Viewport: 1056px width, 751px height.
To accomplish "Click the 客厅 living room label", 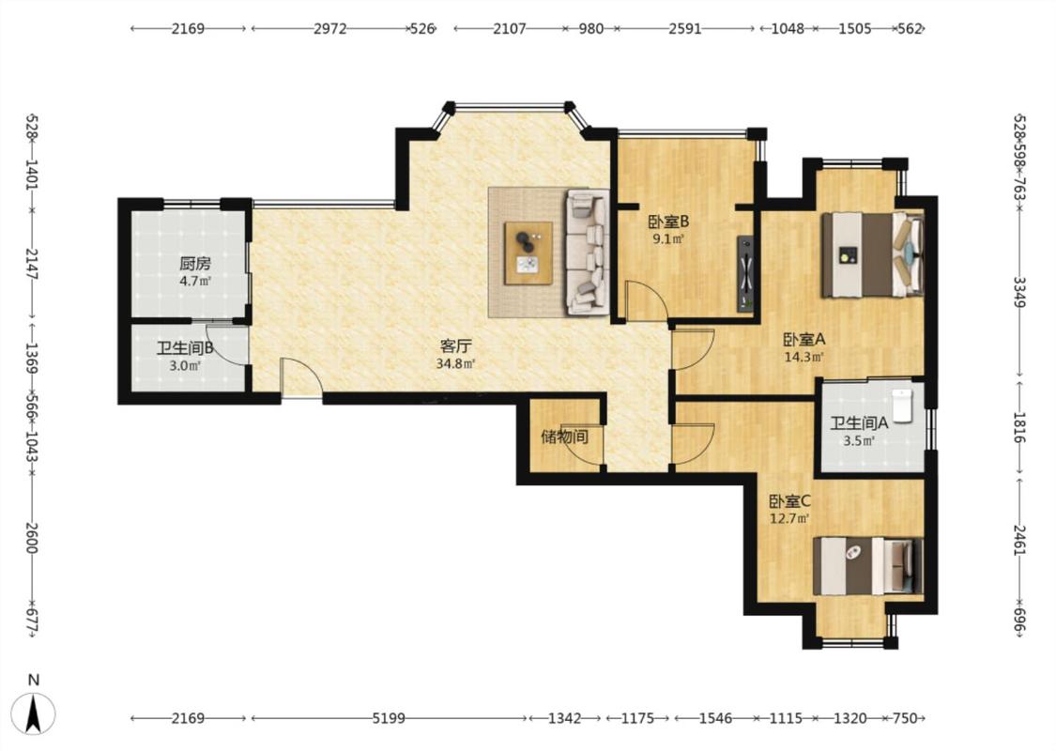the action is point(456,346).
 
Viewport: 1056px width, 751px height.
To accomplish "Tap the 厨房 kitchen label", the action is point(195,264).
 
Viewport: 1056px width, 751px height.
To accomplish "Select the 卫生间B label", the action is point(185,348).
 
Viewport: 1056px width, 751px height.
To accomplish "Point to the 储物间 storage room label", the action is point(564,437).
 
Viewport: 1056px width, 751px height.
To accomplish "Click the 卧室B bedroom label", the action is point(668,222).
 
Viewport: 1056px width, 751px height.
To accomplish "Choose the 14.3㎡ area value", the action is point(804,357).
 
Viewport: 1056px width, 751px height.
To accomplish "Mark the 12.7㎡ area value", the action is point(789,518).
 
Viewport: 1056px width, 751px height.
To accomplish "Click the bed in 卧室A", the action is point(872,254).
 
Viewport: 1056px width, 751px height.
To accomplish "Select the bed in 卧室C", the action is point(867,566).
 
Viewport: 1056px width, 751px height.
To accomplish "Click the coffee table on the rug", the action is point(528,253).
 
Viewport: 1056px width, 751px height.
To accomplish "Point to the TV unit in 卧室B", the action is point(745,273).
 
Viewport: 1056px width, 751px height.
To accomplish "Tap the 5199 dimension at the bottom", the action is point(389,719).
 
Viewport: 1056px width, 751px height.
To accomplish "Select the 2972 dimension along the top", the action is point(330,29).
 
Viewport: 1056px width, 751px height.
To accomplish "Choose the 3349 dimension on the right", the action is point(1019,292).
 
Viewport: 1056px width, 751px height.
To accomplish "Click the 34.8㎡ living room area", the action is point(456,364).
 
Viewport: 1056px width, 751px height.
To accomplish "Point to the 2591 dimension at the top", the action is point(685,29).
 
